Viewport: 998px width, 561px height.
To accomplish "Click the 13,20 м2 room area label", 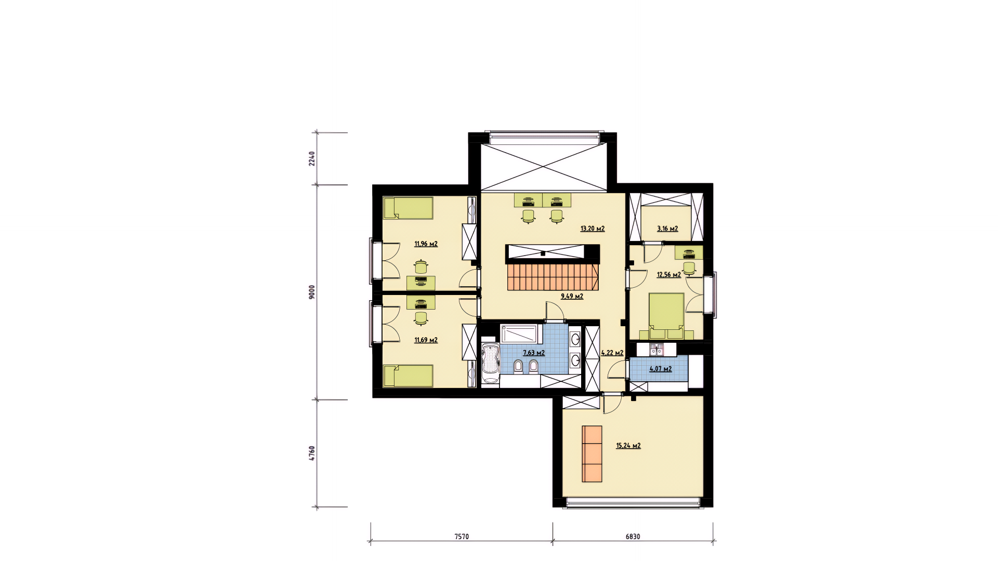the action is [x=593, y=229].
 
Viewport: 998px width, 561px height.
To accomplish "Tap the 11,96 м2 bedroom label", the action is [x=426, y=244].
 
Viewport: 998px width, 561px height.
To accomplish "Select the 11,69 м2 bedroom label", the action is [x=426, y=340].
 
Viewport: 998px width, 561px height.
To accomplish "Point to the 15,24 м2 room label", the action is [x=628, y=446].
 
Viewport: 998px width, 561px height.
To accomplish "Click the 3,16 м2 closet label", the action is [x=667, y=229].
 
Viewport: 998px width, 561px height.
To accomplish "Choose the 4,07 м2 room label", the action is [x=661, y=369].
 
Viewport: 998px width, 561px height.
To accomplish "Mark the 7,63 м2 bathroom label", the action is [x=534, y=353].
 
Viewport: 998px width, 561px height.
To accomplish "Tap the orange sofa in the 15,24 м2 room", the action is [x=593, y=454].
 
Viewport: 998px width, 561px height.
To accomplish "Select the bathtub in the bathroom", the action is [x=490, y=363].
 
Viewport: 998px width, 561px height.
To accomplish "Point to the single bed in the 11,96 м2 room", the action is [x=408, y=208].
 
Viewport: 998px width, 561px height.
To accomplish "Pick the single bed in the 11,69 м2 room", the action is [x=408, y=376].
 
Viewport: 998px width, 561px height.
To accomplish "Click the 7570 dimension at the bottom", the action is [x=462, y=537].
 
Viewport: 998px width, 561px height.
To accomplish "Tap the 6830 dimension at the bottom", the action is [x=633, y=537].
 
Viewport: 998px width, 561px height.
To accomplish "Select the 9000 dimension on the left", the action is [x=312, y=292].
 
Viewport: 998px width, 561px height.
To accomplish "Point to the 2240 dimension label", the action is [x=312, y=158].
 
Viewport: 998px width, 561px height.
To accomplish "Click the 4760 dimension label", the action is [x=312, y=453].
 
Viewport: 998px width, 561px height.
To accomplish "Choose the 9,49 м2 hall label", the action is [x=572, y=297].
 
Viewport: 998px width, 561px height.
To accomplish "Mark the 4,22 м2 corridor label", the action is [x=612, y=353].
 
